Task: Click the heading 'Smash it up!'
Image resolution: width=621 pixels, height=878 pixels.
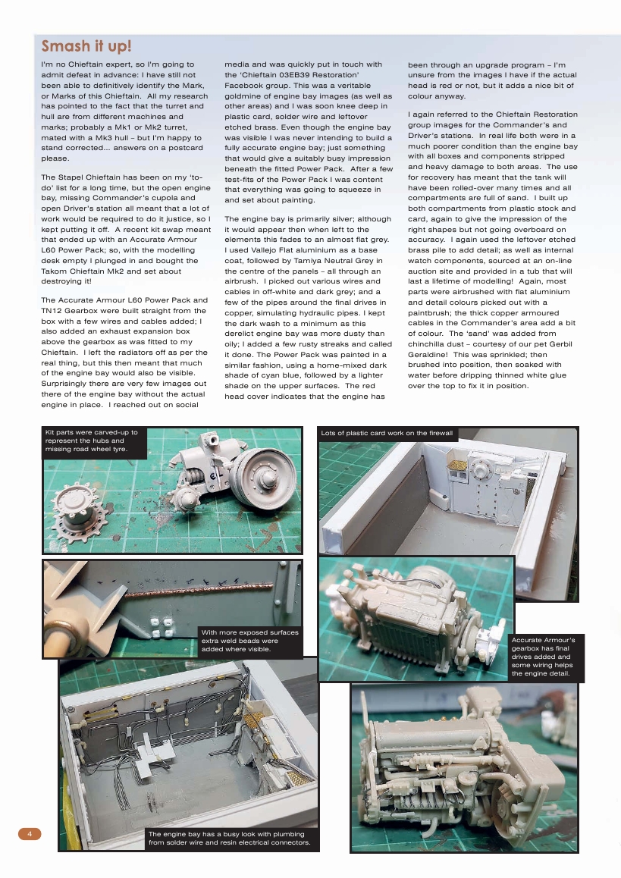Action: coord(86,47)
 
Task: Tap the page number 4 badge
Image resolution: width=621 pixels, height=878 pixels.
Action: coord(29,834)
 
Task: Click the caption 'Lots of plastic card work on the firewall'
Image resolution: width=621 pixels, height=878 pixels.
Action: coord(387,434)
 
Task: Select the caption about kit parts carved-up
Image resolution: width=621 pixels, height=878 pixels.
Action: coord(92,442)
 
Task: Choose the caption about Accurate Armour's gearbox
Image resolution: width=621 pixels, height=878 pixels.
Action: coord(544,657)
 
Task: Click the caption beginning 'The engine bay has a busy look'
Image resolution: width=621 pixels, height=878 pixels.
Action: coord(229,838)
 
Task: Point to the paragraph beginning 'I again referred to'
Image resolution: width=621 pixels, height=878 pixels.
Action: coord(492,252)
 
